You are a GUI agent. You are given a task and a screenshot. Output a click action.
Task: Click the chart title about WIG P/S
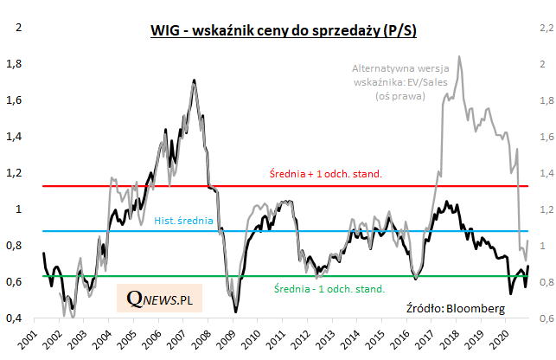pyautogui.click(x=284, y=32)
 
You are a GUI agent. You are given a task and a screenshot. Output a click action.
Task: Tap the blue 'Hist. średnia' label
pyautogui.click(x=183, y=222)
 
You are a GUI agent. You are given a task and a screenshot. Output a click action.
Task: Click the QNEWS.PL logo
pyautogui.click(x=159, y=298)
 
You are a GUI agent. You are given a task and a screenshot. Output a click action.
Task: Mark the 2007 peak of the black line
pyautogui.click(x=193, y=80)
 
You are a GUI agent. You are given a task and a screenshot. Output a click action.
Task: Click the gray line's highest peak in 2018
pyautogui.click(x=458, y=57)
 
